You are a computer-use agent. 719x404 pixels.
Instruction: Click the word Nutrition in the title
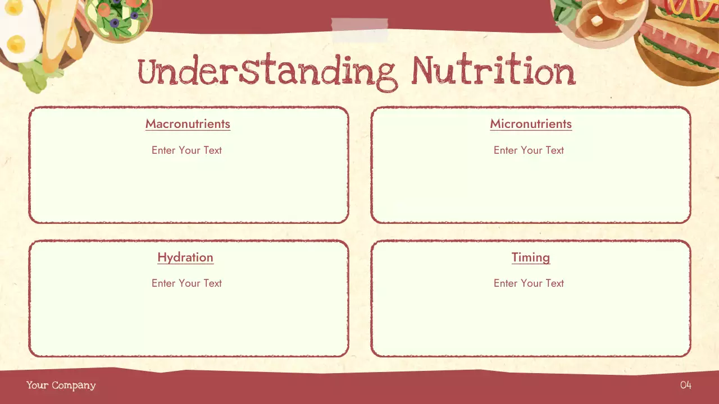(493, 72)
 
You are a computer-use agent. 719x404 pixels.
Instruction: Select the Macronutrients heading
(188, 124)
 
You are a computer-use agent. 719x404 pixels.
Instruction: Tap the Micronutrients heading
(531, 124)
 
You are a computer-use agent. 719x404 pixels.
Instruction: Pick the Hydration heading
(185, 258)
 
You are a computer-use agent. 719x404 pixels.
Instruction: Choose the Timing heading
(531, 258)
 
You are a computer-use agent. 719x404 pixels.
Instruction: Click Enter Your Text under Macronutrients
(186, 150)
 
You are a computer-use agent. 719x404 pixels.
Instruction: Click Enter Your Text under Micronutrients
(529, 150)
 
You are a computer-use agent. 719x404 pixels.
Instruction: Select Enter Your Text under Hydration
(186, 283)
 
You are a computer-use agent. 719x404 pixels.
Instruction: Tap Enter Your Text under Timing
(529, 283)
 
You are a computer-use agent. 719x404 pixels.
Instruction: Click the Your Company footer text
(61, 385)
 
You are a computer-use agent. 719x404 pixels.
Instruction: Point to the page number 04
(685, 385)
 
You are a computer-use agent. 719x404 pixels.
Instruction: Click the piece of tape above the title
(359, 30)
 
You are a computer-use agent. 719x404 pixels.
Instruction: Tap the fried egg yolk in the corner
(16, 43)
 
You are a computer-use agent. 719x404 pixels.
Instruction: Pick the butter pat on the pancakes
(597, 21)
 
